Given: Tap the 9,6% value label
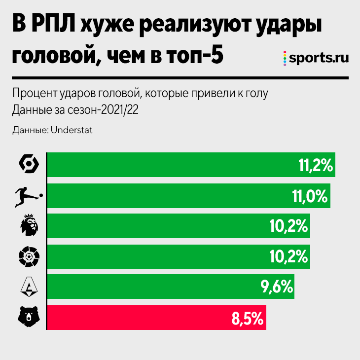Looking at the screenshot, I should coord(275,287).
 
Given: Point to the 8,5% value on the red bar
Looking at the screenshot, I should coord(247,318).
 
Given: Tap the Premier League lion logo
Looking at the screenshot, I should coord(28,226).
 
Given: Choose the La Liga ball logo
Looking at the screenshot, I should coord(28,256).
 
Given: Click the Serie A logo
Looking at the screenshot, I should coord(28,287).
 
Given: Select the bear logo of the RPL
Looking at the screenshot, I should coord(28,317).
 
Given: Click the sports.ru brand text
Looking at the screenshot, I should coord(319,58).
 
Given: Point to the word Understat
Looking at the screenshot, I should coord(72,130).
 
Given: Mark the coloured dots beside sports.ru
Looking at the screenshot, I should coord(285,58).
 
